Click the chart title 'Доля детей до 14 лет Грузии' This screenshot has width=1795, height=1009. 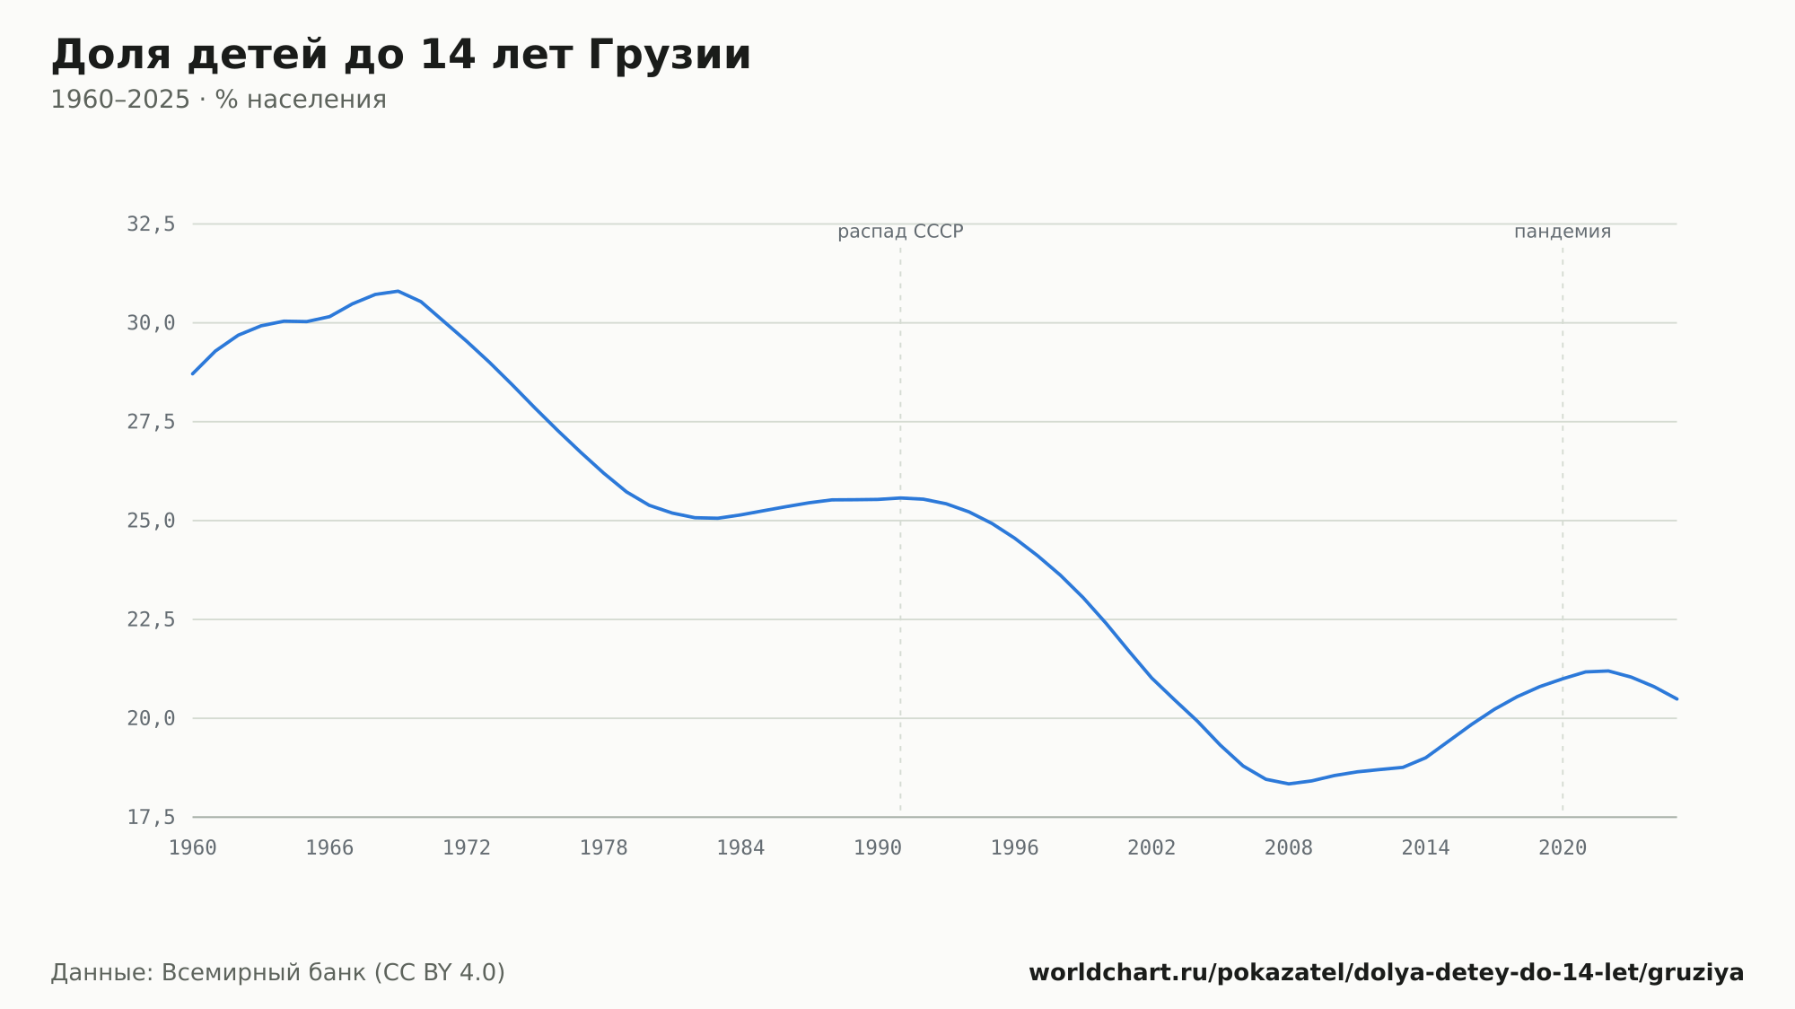coord(400,55)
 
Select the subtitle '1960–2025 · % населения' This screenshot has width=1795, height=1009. coord(218,100)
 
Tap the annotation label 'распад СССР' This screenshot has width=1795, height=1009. coord(900,232)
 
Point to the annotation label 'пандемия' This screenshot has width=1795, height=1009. coord(1563,232)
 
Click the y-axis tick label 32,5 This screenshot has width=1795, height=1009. coord(151,224)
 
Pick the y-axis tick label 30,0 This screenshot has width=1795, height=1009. coord(151,323)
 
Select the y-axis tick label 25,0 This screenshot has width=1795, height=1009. coord(151,521)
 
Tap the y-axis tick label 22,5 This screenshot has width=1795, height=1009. coord(151,619)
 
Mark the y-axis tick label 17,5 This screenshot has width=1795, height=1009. coord(151,817)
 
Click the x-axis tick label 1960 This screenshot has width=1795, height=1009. coord(193,848)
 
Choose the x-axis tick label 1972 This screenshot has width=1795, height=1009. coord(467,848)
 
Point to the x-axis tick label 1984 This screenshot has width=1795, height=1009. coord(740,848)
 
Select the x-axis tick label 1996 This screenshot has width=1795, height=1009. coord(1014,848)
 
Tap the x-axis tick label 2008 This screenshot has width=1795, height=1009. coord(1289,848)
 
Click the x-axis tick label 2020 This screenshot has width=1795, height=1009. coord(1563,848)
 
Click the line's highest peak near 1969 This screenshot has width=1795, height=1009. coord(398,291)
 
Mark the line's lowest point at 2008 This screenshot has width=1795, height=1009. coord(1289,784)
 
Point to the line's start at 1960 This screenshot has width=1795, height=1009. coord(193,373)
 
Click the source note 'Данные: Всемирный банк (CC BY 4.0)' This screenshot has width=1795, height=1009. coord(278,973)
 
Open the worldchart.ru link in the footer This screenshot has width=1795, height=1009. coord(1386,973)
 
